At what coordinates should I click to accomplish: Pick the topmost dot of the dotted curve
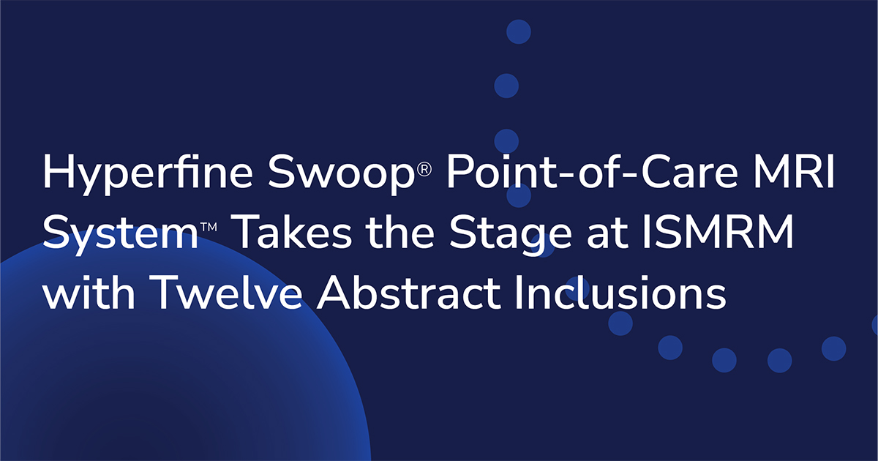point(518,31)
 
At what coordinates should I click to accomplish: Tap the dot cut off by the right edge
point(874,324)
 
